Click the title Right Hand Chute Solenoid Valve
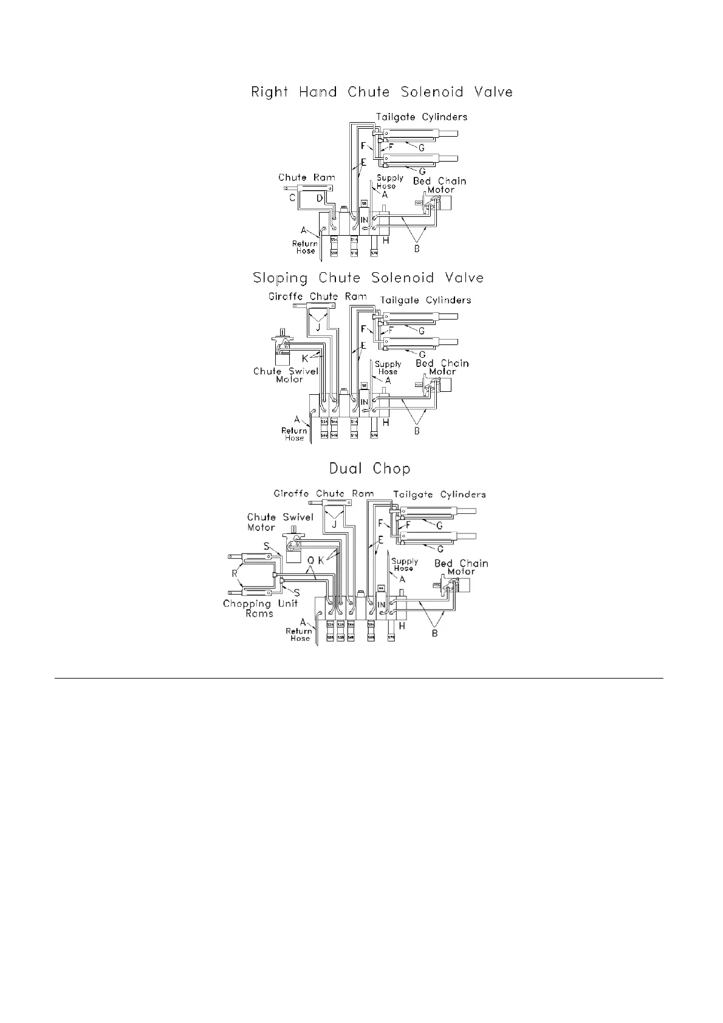coord(382,92)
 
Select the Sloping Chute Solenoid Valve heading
coord(368,278)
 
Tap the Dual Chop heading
coord(369,469)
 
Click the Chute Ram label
coord(306,177)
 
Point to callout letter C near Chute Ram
coord(292,198)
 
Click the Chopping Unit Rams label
coord(260,608)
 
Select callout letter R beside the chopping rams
coord(235,573)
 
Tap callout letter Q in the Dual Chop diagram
coord(310,559)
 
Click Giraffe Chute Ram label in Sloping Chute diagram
coord(318,296)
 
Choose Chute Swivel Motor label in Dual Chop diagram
coord(280,522)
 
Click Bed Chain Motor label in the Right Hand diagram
coord(440,185)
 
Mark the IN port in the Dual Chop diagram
coord(382,604)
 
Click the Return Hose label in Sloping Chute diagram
coord(293,434)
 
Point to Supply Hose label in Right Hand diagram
coord(389,182)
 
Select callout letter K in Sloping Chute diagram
coord(305,358)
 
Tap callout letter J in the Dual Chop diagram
coord(334,524)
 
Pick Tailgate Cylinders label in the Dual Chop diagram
coord(439,494)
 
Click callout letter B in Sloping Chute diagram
coord(417,431)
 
